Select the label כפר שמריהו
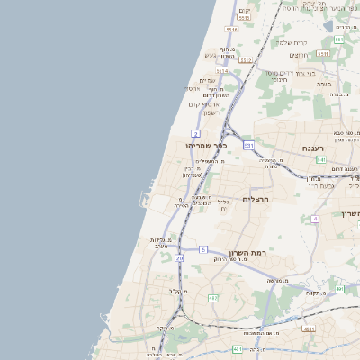(206, 146)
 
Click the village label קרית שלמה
(292, 42)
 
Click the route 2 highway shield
(195, 133)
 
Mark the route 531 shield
(249, 144)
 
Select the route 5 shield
(203, 249)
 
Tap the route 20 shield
(179, 258)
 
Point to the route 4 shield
(315, 219)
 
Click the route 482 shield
(213, 298)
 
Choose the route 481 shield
(237, 349)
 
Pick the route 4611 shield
(309, 329)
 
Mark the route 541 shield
(320, 159)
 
